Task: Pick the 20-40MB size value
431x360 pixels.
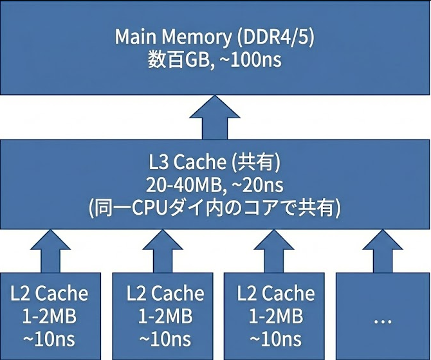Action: pos(179,186)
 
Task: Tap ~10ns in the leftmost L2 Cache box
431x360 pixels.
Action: pos(50,337)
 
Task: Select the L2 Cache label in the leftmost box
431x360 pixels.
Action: pos(50,294)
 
